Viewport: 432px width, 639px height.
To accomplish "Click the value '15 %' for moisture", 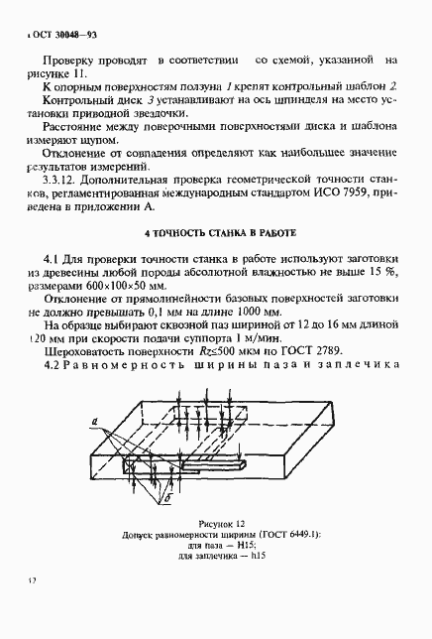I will [379, 269].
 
